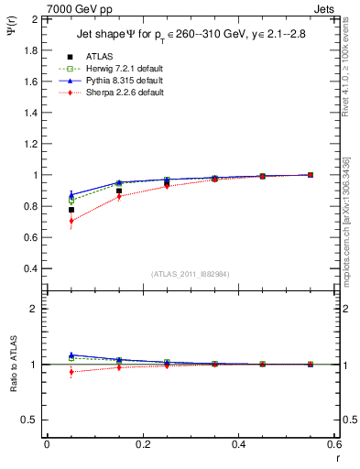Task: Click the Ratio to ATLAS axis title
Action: click(12, 366)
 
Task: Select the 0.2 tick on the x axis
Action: click(142, 444)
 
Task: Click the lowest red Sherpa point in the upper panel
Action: click(71, 221)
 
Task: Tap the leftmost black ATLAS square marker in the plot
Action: click(71, 210)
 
